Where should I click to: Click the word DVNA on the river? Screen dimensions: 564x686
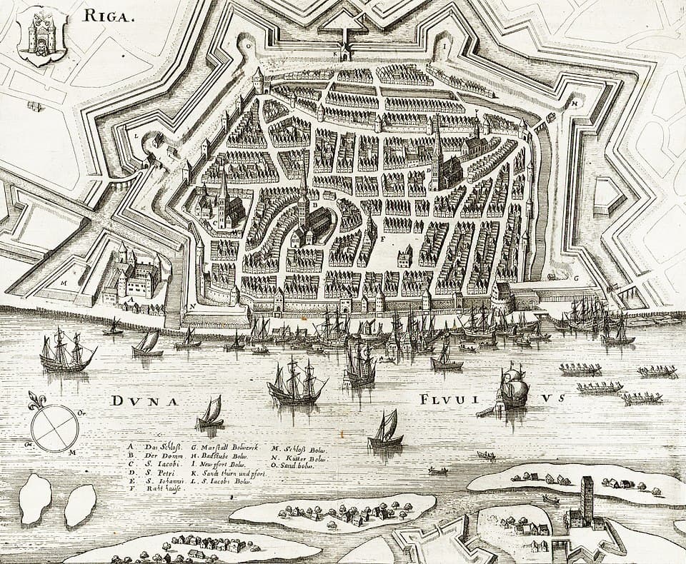tap(144, 401)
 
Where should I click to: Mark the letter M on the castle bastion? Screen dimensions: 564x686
tap(64, 282)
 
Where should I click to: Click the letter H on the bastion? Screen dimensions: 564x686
tap(575, 102)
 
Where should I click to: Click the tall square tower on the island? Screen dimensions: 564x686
tap(587, 500)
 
